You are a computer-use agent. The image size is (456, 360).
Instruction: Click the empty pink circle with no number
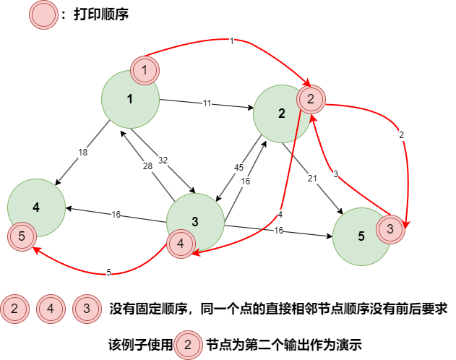[x=43, y=14]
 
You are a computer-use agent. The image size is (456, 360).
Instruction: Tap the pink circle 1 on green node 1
[x=145, y=70]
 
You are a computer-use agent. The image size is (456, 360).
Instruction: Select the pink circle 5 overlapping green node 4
[x=22, y=236]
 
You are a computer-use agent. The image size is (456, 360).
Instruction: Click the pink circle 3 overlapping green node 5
[x=390, y=229]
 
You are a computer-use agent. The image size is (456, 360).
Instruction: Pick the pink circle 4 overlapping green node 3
[x=181, y=244]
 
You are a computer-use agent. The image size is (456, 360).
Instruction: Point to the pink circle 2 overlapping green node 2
[x=311, y=99]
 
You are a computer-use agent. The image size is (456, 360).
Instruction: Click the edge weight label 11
[x=207, y=103]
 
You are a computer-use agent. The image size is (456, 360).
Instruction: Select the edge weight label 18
[x=82, y=153]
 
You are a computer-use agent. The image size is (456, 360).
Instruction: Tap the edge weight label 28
[x=147, y=166]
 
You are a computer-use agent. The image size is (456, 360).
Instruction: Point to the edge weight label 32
[x=163, y=160]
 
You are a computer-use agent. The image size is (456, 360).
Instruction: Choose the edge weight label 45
[x=238, y=168]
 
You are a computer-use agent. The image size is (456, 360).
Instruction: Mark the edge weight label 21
[x=312, y=179]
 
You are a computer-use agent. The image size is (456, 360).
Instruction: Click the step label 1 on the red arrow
[x=231, y=41]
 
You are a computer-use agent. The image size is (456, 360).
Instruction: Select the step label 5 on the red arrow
[x=108, y=273]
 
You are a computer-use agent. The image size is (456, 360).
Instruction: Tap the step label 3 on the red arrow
[x=335, y=174]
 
